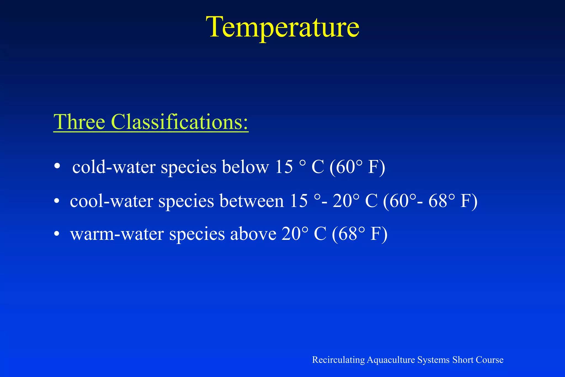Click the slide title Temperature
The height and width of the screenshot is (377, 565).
[282, 27]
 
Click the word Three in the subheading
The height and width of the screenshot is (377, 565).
[79, 122]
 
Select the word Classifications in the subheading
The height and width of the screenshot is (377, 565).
[179, 122]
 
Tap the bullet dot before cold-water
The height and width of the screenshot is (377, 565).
[57, 166]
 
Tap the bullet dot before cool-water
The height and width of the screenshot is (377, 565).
[57, 201]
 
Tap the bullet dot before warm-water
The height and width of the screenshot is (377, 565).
[57, 234]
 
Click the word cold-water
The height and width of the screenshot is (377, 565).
[114, 167]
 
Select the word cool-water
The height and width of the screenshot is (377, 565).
[111, 201]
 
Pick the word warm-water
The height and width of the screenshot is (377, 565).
[117, 234]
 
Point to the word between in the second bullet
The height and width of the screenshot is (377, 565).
[252, 201]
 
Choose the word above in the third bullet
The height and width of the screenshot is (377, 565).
[253, 234]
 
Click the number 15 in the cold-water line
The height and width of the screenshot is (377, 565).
[284, 167]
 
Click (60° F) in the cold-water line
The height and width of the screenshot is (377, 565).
[357, 167]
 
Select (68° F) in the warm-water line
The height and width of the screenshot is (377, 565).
[359, 234]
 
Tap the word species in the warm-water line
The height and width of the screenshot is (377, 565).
[197, 234]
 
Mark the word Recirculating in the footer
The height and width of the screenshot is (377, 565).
[338, 360]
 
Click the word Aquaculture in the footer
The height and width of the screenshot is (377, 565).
[391, 360]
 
